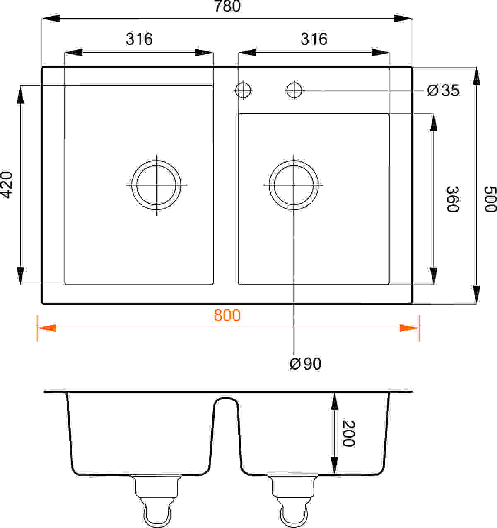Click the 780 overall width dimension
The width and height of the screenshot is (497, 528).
(x=227, y=6)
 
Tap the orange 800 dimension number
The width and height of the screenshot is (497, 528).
(x=227, y=315)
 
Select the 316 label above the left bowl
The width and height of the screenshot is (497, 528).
(x=139, y=39)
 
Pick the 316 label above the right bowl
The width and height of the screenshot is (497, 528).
(x=314, y=39)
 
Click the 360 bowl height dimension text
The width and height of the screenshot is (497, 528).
(x=452, y=200)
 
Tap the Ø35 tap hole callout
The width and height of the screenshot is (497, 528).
(x=443, y=91)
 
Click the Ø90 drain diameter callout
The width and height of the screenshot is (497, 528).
(x=305, y=364)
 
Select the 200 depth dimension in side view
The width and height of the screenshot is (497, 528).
(x=348, y=433)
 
